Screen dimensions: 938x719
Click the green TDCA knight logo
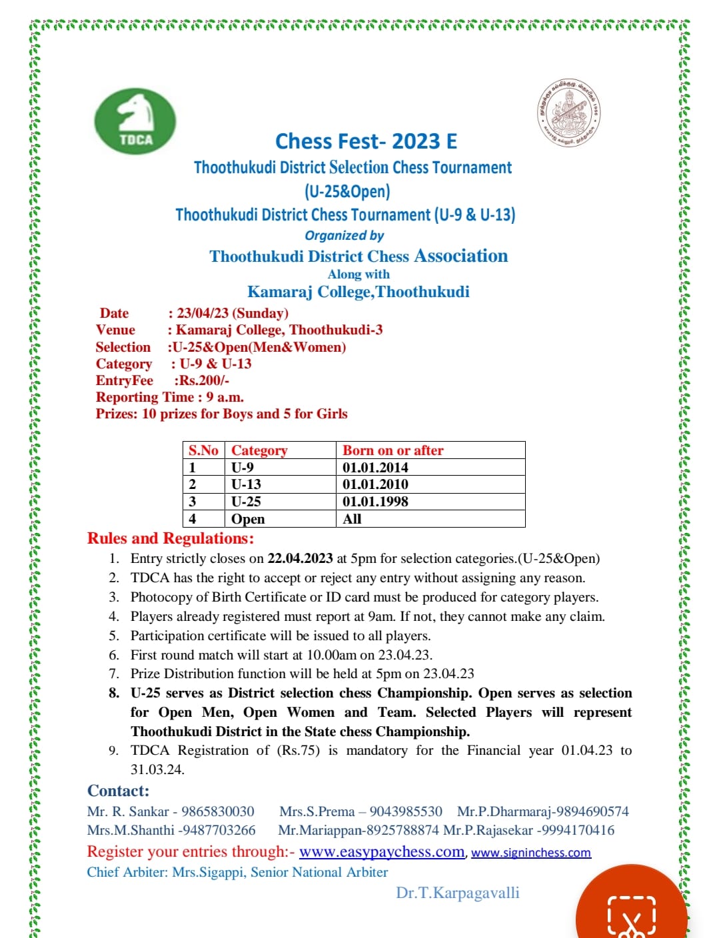coord(135,121)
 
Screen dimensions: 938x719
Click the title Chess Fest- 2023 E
coord(366,141)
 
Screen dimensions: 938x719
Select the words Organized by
coord(344,235)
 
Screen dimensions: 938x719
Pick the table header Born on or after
coord(392,450)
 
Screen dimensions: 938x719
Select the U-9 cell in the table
coord(243,468)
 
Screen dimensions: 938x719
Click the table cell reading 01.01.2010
coord(375,484)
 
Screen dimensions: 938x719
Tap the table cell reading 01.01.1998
coord(375,502)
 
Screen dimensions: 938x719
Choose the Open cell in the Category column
coord(248,519)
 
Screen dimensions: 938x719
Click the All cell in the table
coord(352,519)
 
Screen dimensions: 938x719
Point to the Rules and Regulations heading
coord(171,538)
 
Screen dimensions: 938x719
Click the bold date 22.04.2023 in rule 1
coord(300,558)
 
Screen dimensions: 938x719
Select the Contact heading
coord(118,791)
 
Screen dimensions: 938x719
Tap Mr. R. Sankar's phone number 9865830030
coord(218,811)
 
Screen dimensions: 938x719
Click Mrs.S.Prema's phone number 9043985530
coord(406,811)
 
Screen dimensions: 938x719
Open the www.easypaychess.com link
coord(382,852)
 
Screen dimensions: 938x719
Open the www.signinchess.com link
coord(531,853)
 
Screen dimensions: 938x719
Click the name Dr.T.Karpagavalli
coord(457,893)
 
